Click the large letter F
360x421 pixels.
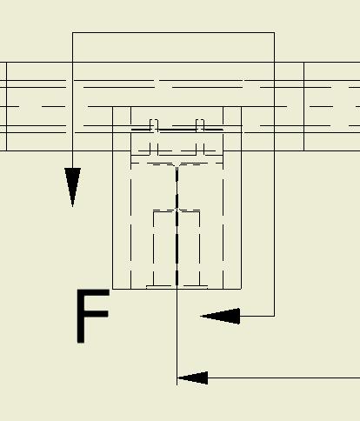coord(93,316)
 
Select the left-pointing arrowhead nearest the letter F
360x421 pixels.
coord(220,316)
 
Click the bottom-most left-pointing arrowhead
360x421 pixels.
coord(192,378)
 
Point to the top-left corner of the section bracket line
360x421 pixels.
coord(72,32)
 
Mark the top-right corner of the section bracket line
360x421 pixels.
coord(274,32)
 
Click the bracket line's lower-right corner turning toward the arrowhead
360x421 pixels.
coord(274,316)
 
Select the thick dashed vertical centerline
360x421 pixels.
coord(177,226)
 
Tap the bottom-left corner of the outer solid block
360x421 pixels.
coord(113,289)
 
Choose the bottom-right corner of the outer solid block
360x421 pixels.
coord(241,289)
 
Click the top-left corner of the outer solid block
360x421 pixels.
coord(113,107)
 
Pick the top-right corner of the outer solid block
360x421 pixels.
coord(241,107)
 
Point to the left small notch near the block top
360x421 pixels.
coord(154,124)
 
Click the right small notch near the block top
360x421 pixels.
coord(200,124)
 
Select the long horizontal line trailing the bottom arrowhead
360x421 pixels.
coord(284,378)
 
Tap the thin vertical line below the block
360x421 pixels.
coord(177,337)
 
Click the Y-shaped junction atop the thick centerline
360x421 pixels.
coord(177,166)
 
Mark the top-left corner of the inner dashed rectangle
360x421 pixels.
coord(153,210)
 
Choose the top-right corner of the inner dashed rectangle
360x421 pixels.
coord(200,210)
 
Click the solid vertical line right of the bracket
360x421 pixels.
coord(304,106)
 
